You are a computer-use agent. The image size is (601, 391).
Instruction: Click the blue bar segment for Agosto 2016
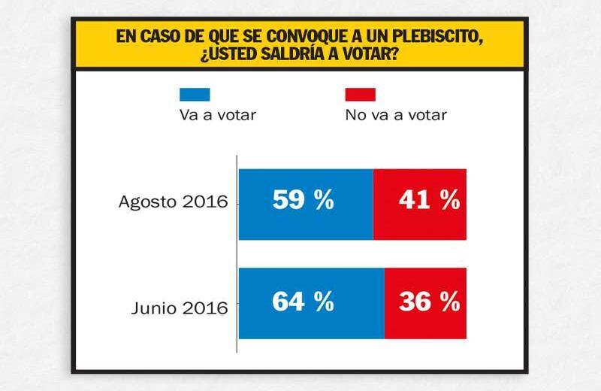pyautogui.click(x=305, y=204)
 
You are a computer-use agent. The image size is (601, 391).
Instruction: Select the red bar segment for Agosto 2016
pyautogui.click(x=419, y=204)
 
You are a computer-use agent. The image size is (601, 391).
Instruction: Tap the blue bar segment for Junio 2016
pyautogui.click(x=311, y=302)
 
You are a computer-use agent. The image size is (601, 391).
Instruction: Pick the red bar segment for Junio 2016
pyautogui.click(x=425, y=302)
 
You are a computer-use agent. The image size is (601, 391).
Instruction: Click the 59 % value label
pyautogui.click(x=303, y=200)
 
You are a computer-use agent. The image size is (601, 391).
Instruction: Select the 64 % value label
pyautogui.click(x=303, y=302)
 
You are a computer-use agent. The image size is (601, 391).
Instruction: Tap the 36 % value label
pyautogui.click(x=428, y=302)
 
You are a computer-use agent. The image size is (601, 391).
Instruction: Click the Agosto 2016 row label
pyautogui.click(x=173, y=202)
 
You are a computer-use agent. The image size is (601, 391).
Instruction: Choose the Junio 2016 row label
pyautogui.click(x=179, y=308)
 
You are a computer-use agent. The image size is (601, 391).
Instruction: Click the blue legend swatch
pyautogui.click(x=194, y=95)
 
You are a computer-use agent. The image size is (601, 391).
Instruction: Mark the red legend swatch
pyautogui.click(x=360, y=95)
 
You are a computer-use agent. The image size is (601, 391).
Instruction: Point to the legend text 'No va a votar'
pyautogui.click(x=396, y=115)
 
